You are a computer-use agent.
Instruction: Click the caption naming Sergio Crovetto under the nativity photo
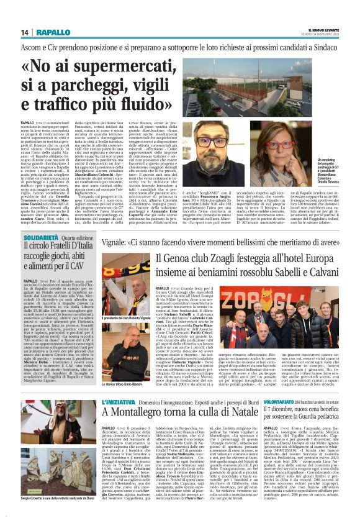click(50, 516)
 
